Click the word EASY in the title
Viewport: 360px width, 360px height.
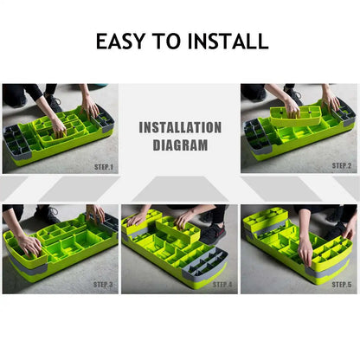125,41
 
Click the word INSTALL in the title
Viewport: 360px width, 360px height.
227,41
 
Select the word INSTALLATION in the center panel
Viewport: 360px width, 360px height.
180,128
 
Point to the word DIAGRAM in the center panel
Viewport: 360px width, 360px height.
180,145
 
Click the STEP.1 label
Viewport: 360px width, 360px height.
101,166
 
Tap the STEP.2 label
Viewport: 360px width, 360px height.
342,164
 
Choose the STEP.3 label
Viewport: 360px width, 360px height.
103,284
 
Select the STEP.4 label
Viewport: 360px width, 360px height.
222,284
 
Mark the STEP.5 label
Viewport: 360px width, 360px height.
342,284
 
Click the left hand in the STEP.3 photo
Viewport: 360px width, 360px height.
29,245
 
